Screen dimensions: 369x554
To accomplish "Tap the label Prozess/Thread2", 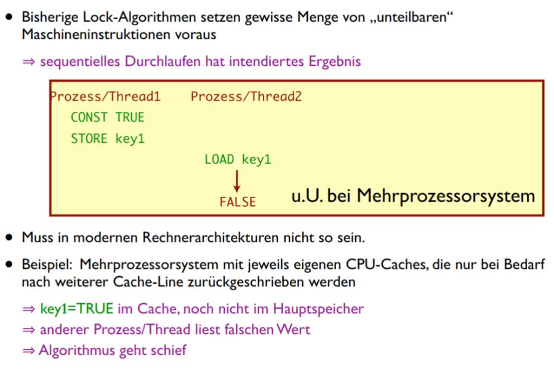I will pos(246,97).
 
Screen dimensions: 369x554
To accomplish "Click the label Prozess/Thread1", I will pos(105,97).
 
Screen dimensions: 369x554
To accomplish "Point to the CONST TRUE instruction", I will pos(107,117).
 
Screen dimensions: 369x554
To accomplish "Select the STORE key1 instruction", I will pos(107,138).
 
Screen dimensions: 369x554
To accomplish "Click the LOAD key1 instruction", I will pos(238,160).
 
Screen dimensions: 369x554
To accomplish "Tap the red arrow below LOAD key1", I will pos(237,181).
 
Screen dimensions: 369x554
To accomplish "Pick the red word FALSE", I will pos(237,202).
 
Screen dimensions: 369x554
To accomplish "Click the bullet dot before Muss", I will pos(9,236).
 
